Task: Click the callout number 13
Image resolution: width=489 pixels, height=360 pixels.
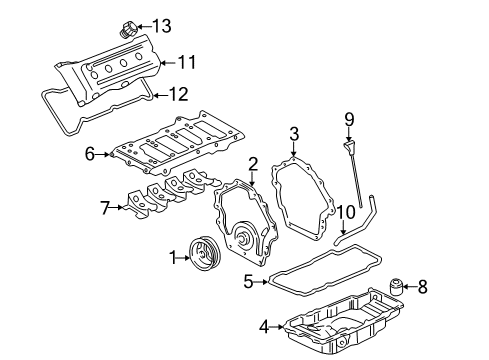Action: tap(162, 25)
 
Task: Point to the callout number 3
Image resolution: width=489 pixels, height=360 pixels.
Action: tap(294, 133)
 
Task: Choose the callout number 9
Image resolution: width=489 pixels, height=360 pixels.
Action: tap(349, 119)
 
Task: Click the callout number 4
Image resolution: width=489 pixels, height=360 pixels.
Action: tap(264, 325)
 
